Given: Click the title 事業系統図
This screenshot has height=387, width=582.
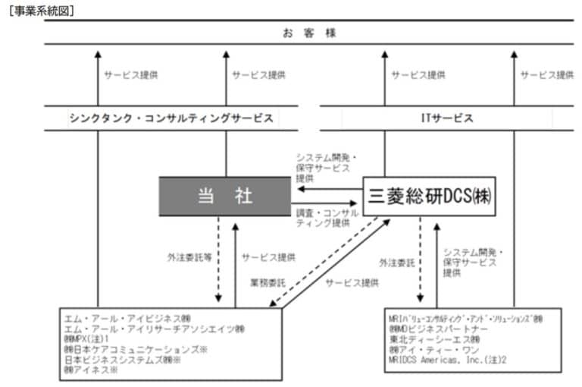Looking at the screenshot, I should pos(42,11).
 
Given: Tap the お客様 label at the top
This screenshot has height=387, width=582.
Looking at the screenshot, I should pos(298,33).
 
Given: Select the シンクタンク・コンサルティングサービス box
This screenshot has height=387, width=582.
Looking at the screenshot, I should pos(171,118).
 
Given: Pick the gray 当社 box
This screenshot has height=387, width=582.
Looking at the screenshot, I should pos(224,196).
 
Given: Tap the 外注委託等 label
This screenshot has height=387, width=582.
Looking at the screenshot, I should pos(189,257).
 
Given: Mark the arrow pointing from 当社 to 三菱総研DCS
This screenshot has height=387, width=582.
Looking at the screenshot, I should pos(327,203).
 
